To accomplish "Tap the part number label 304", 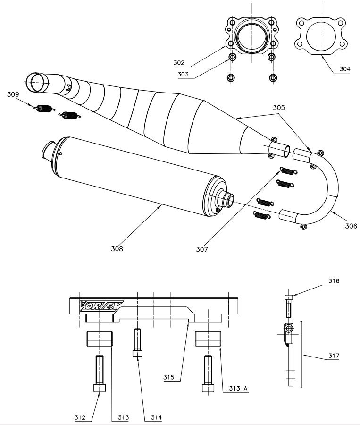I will click(x=345, y=68).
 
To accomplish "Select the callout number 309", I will click(x=14, y=94).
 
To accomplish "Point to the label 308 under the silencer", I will click(x=117, y=249).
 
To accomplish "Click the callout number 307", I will click(x=202, y=249).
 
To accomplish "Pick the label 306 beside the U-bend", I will click(x=350, y=226).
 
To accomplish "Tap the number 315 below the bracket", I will click(x=169, y=377).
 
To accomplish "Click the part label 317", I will click(x=334, y=355).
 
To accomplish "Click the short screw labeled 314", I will click(x=137, y=342).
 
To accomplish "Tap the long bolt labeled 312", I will click(x=100, y=373).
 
